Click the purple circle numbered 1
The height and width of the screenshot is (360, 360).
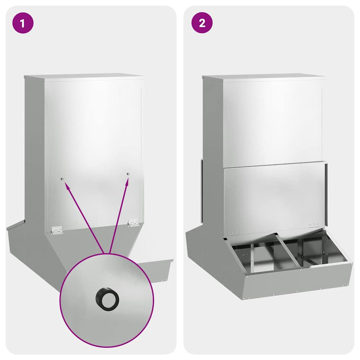click(x=23, y=23)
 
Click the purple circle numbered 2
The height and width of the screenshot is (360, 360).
click(x=202, y=23)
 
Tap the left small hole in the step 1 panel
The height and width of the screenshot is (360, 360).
click(x=62, y=179)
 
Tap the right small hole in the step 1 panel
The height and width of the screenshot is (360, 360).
click(x=128, y=174)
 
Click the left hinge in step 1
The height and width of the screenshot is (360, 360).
click(x=57, y=230)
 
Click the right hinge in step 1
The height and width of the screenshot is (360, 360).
click(x=133, y=222)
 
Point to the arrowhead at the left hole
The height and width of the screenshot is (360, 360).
click(x=67, y=185)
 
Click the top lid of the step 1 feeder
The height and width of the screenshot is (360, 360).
click(x=84, y=76)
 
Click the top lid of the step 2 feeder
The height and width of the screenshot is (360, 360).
click(x=264, y=76)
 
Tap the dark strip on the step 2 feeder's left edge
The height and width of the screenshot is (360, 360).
click(x=202, y=190)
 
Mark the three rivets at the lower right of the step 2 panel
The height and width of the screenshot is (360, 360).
click(x=314, y=224)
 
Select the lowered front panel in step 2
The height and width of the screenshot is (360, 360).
click(x=274, y=198)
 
